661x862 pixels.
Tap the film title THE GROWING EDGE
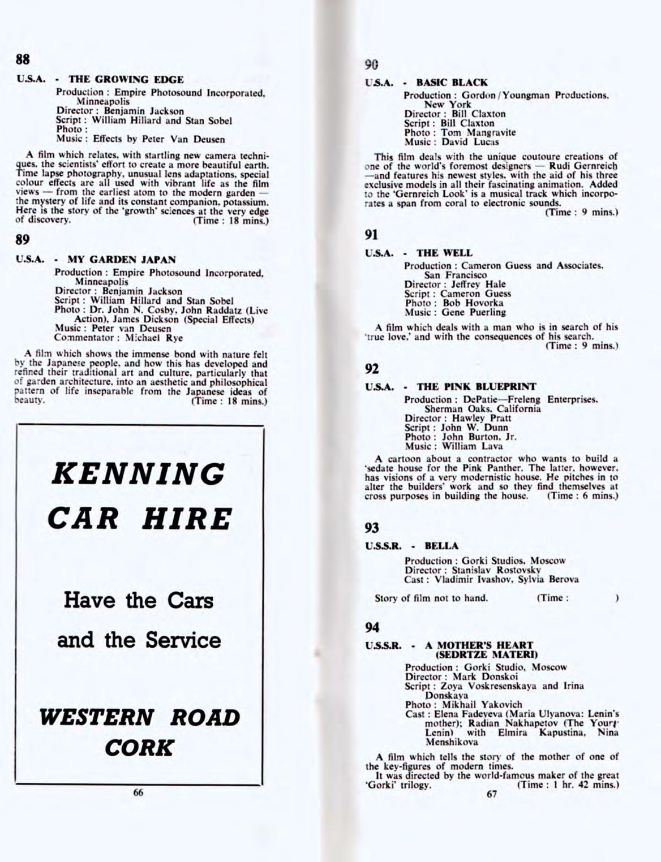(x=126, y=80)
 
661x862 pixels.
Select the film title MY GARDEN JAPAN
(x=122, y=260)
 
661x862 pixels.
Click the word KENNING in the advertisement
(x=138, y=474)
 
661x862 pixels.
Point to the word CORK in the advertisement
(x=139, y=748)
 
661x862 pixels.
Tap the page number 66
(x=138, y=792)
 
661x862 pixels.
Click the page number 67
(x=492, y=794)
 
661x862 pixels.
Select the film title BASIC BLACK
(x=452, y=83)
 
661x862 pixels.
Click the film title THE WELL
(x=444, y=253)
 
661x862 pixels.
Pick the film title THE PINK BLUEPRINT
(x=477, y=387)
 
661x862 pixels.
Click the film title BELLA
(x=441, y=546)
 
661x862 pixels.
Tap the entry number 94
(x=372, y=627)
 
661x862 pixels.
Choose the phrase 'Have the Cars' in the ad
(x=139, y=600)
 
